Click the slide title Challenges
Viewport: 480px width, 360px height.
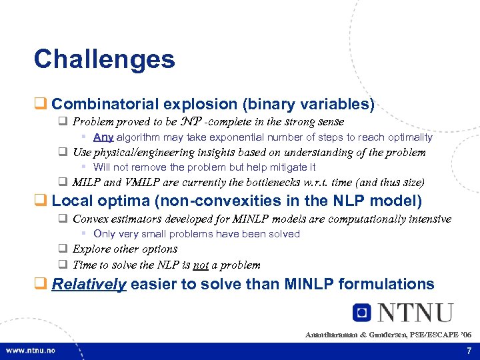coord(104,59)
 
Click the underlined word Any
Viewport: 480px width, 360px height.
coord(103,137)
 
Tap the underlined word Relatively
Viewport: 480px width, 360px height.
coord(89,284)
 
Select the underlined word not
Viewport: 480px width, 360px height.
coord(201,265)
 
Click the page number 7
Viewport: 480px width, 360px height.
coord(469,350)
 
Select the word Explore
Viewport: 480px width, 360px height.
coord(93,249)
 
